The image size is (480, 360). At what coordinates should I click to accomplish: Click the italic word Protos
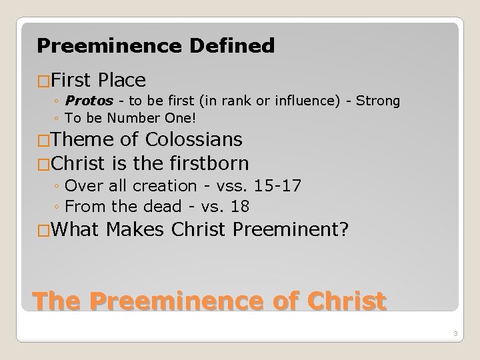tap(85, 101)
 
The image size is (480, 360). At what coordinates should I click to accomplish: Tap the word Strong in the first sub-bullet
tap(378, 101)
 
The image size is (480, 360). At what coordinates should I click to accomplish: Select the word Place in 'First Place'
tap(121, 81)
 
